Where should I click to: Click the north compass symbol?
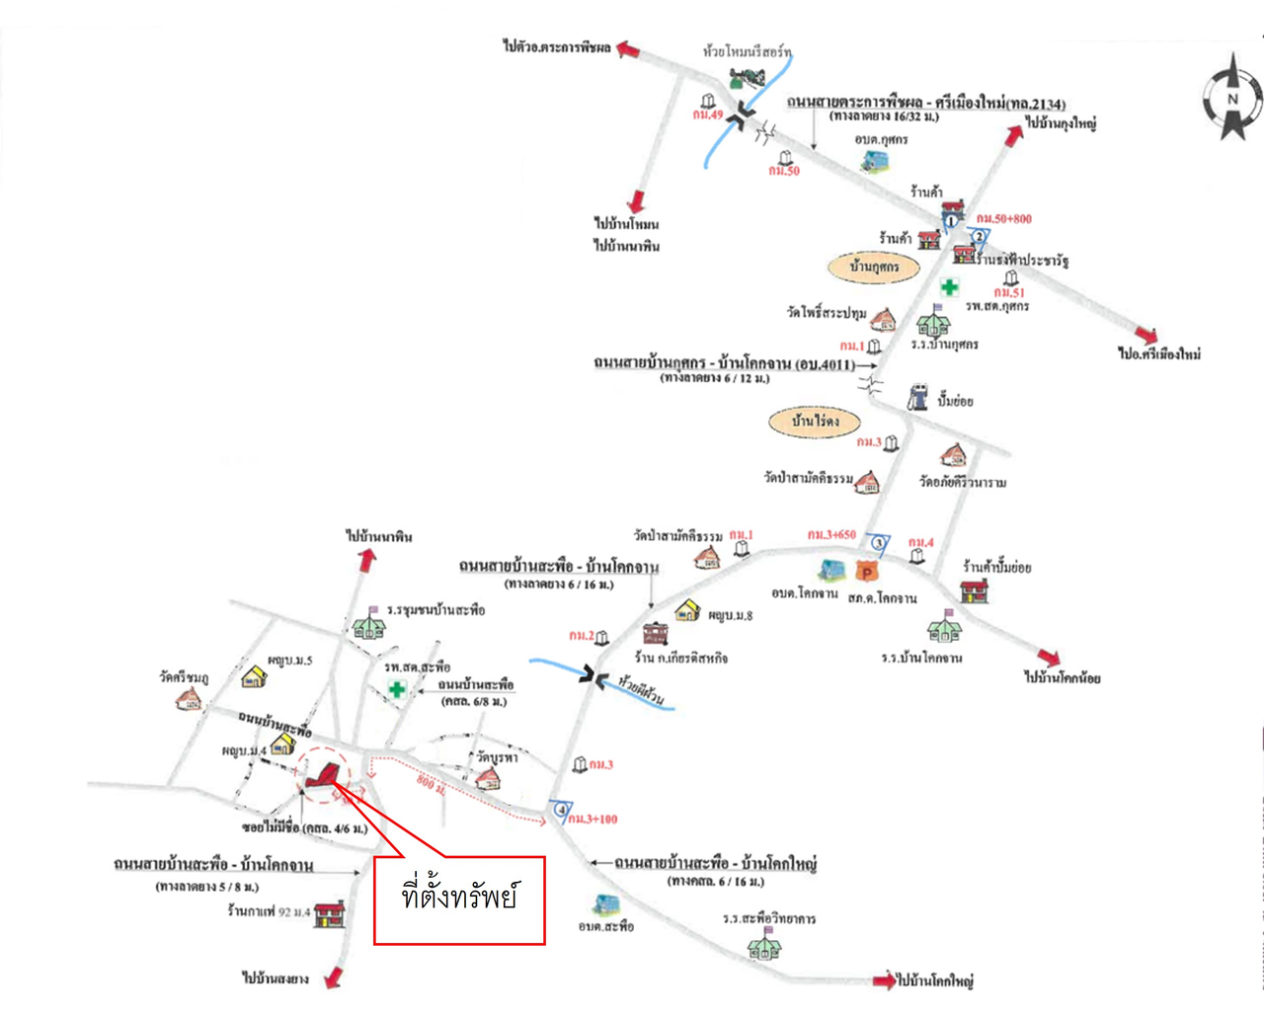tap(1232, 98)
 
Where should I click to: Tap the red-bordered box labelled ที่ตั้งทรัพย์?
tap(459, 900)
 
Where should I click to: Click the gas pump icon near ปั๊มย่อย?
tap(917, 396)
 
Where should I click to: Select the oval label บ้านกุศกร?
tap(873, 267)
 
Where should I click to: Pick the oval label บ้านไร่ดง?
tap(815, 422)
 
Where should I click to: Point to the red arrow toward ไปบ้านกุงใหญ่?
tap(1013, 135)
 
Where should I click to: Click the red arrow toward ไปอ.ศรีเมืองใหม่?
tap(1145, 335)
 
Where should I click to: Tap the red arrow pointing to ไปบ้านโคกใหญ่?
tap(884, 980)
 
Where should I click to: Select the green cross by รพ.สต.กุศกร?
tap(949, 287)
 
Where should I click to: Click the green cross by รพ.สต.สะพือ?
tap(396, 689)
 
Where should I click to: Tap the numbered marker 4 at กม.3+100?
tap(562, 810)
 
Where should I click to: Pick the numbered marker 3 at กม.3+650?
tap(879, 542)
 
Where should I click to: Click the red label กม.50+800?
tap(1003, 219)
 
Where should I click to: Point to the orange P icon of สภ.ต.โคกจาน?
tap(866, 571)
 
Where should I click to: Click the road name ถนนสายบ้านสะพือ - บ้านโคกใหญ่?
tap(715, 863)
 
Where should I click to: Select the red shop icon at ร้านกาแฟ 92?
tap(329, 912)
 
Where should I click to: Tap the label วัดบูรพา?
tap(497, 757)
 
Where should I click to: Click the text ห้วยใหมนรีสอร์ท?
tap(747, 51)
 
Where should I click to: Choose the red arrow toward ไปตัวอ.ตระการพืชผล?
tap(628, 49)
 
